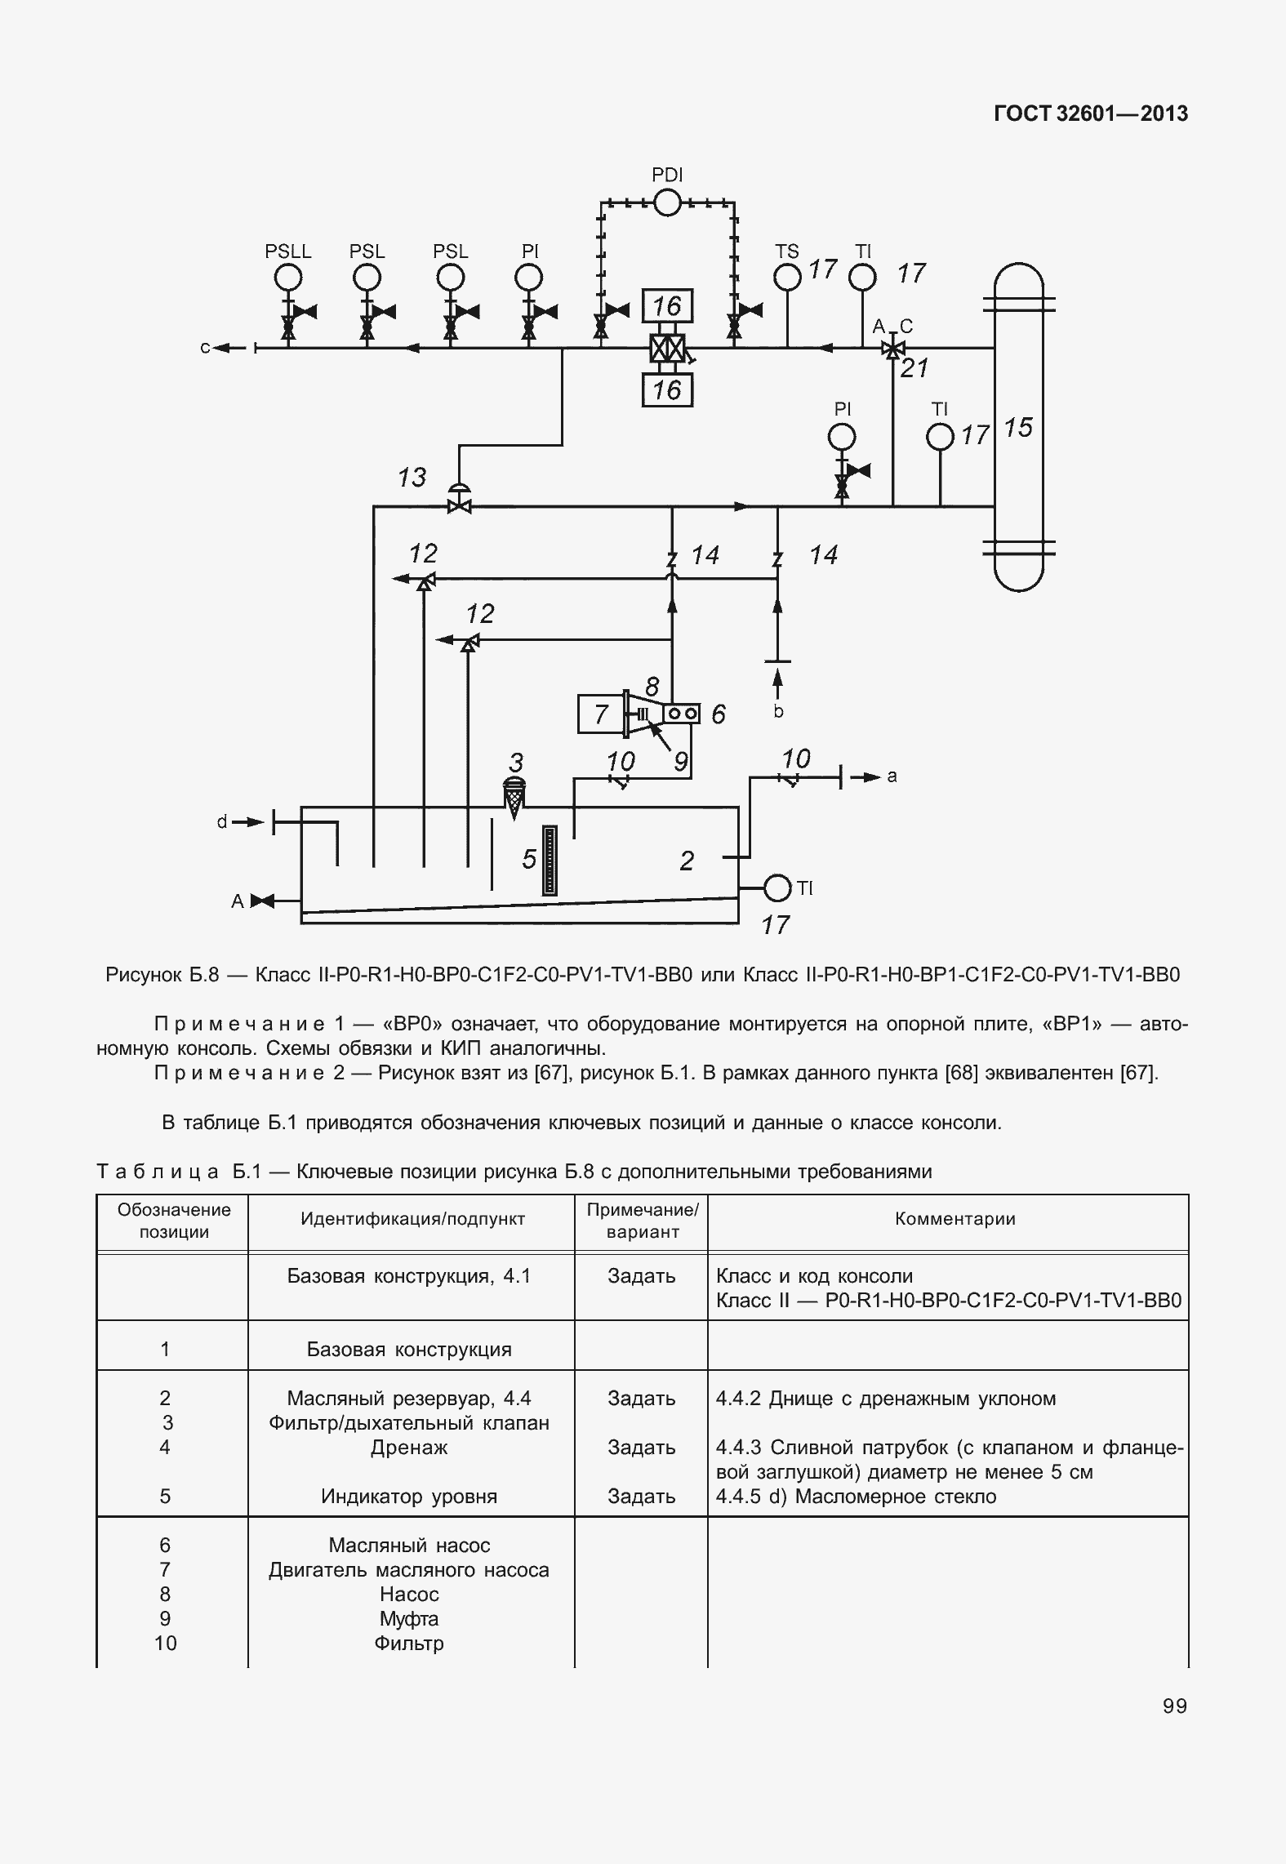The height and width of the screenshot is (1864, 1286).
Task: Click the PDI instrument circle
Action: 667,202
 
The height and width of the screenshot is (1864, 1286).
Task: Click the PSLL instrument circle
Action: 287,278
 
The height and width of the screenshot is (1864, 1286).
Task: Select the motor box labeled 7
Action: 601,714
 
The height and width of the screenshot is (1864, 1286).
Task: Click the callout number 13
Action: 412,478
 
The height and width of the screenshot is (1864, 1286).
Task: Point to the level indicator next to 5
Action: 550,861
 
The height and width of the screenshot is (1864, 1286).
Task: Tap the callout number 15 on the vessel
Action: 1018,428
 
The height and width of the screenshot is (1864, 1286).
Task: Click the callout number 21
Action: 915,369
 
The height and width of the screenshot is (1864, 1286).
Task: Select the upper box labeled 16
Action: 667,306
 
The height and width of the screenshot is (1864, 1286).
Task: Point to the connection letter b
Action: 778,712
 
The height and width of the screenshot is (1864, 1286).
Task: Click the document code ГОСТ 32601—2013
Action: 1090,113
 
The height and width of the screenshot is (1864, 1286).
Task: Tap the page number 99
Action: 1175,1706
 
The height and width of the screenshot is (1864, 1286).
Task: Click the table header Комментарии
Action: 955,1219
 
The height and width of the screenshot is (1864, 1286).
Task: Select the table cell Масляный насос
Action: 409,1545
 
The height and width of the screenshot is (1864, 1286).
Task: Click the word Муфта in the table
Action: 409,1618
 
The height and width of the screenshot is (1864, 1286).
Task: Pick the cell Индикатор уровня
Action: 409,1497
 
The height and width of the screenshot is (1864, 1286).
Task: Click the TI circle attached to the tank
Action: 777,888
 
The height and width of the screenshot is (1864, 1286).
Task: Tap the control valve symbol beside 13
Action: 461,504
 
